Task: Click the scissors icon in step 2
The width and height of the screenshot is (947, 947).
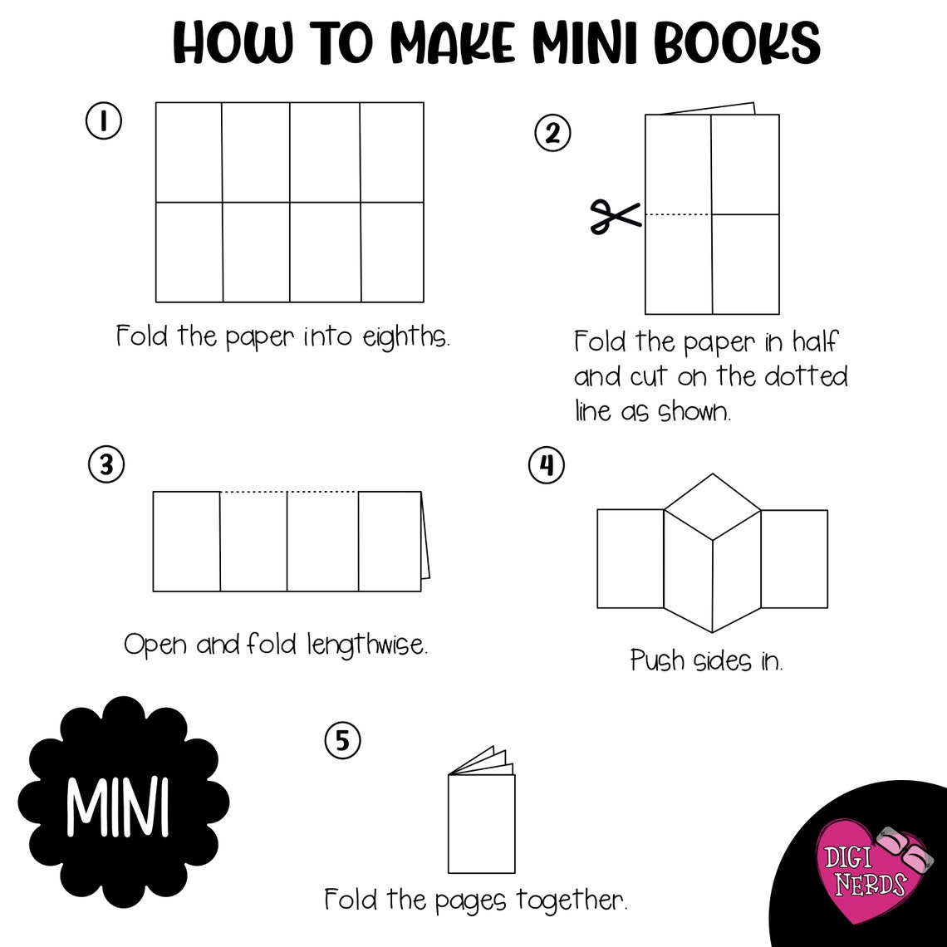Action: [615, 217]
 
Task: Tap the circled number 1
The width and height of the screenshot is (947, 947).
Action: [104, 121]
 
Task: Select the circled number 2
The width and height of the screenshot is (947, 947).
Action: [552, 133]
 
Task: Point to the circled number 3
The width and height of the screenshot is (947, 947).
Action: [106, 465]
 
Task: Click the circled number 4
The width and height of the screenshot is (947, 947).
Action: [547, 465]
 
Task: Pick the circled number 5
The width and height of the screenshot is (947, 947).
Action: [342, 740]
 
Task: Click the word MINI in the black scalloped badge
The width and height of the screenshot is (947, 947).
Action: [118, 806]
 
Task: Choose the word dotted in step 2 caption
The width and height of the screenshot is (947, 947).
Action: [805, 376]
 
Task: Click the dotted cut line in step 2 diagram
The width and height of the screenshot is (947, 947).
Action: [678, 214]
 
